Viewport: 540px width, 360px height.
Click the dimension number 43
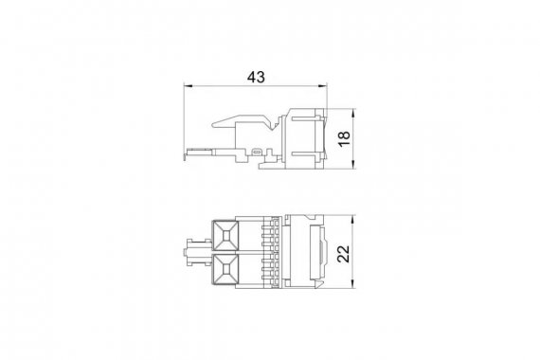point(256,77)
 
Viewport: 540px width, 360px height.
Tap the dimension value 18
point(344,138)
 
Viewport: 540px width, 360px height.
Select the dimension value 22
point(343,254)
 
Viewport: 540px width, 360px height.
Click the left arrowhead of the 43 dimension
point(188,86)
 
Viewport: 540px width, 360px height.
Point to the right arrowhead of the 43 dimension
point(323,86)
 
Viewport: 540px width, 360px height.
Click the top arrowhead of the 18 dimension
point(353,113)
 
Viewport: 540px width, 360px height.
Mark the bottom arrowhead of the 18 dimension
point(353,165)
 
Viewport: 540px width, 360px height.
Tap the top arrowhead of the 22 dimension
point(353,220)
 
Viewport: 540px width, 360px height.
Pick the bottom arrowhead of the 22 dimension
point(353,283)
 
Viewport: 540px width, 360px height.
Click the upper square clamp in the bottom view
point(225,236)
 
